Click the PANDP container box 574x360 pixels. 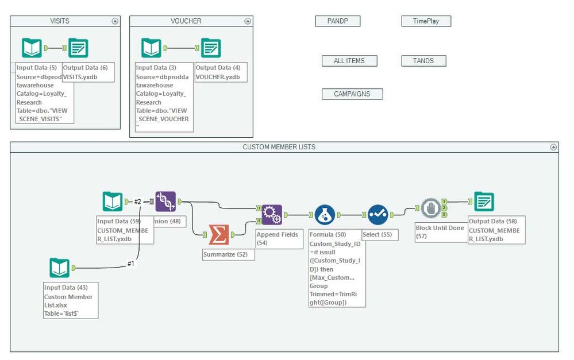click(x=338, y=21)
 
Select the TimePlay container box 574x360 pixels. click(x=426, y=21)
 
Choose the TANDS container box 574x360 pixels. click(x=423, y=60)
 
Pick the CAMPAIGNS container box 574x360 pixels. click(x=352, y=94)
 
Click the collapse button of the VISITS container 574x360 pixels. click(x=115, y=21)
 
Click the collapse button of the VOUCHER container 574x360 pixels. click(x=248, y=21)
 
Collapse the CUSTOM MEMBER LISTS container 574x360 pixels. click(x=553, y=147)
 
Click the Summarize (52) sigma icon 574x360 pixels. click(x=218, y=234)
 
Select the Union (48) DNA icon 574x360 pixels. click(x=165, y=202)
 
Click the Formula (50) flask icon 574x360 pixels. click(x=325, y=215)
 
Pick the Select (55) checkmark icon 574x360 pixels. click(x=378, y=215)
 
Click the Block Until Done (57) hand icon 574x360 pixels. click(x=430, y=208)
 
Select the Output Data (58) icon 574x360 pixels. click(x=484, y=202)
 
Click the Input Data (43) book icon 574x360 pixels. click(x=60, y=268)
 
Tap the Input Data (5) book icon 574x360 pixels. click(x=32, y=48)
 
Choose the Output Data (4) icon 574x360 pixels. click(x=211, y=48)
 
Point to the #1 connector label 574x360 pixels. click(x=131, y=264)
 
